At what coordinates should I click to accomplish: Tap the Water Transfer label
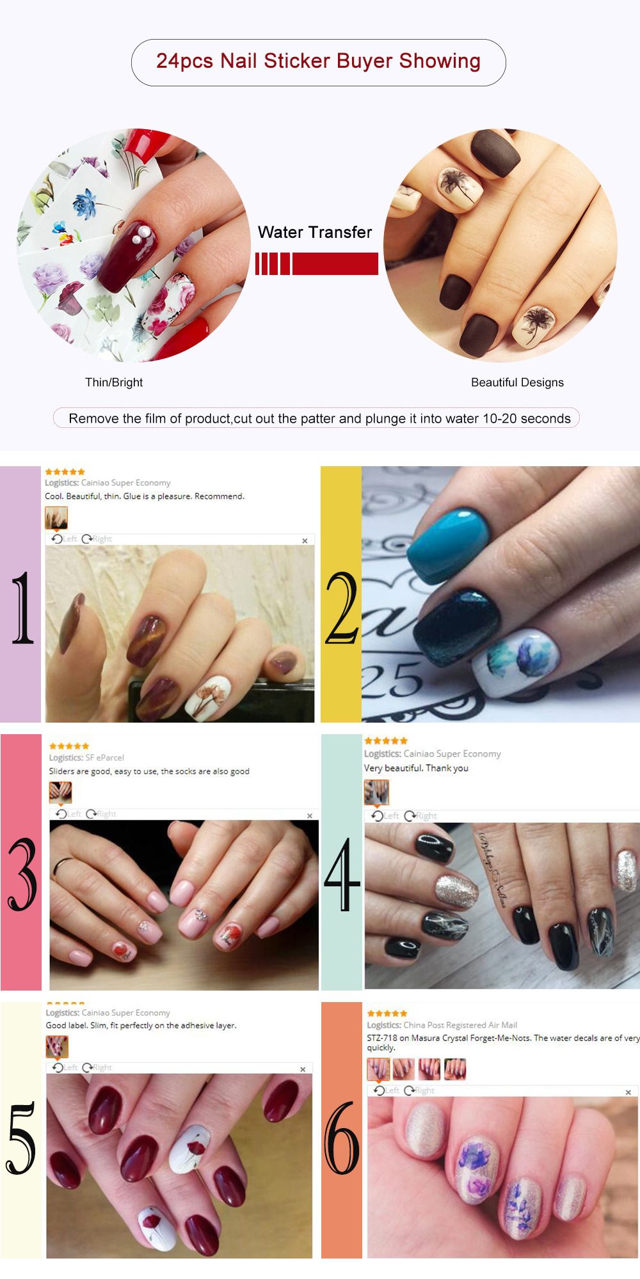click(x=314, y=232)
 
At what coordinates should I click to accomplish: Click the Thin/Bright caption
click(x=114, y=382)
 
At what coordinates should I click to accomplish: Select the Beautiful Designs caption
click(x=517, y=382)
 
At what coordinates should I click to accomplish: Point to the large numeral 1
click(x=22, y=608)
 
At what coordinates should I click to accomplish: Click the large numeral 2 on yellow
click(x=341, y=608)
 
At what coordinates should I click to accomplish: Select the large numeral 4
click(x=341, y=874)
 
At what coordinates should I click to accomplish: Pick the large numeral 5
click(x=21, y=1138)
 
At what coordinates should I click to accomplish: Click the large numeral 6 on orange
click(x=341, y=1138)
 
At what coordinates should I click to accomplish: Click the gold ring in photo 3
click(x=63, y=867)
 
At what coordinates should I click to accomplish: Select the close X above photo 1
click(x=305, y=541)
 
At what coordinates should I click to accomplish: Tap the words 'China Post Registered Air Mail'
click(x=460, y=1024)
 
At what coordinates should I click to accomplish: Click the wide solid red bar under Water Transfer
click(x=335, y=263)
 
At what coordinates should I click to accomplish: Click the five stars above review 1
click(x=65, y=472)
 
